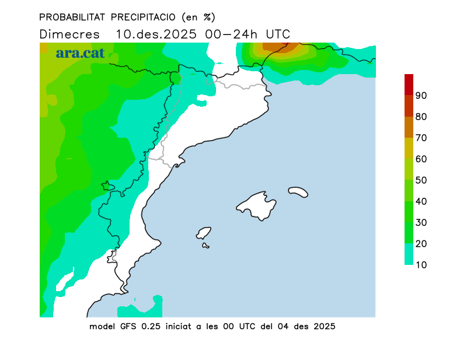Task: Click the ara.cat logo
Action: (80, 53)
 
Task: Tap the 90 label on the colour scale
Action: (421, 95)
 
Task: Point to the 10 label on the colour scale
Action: (421, 265)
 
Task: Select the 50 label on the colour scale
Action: (421, 180)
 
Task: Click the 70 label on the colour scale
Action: (421, 138)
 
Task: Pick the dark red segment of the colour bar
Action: (409, 84)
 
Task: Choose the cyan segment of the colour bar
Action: (409, 254)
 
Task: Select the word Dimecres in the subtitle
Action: (69, 34)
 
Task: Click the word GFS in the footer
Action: (128, 326)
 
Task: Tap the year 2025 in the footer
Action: (323, 326)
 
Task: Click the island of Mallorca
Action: (257, 205)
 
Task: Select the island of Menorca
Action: (298, 192)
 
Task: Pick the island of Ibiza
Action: (204, 233)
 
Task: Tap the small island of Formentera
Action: (206, 246)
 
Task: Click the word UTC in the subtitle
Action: (278, 34)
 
